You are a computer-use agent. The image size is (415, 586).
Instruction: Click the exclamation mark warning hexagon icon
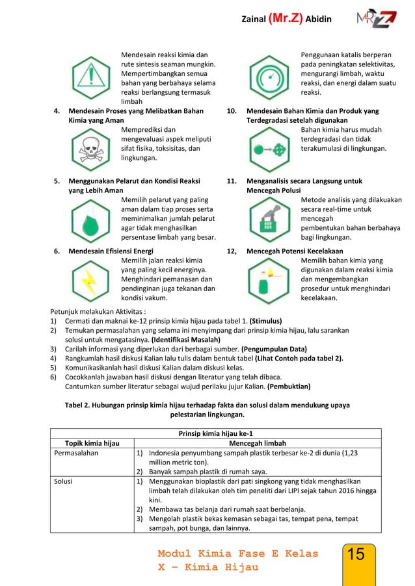pos(91,77)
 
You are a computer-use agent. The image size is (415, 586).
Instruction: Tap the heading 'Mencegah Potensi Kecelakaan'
pos(295,251)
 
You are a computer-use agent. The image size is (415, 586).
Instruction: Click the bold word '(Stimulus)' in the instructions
pos(250,320)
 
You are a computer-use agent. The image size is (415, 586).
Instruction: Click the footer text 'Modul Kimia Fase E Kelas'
pos(238,554)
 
